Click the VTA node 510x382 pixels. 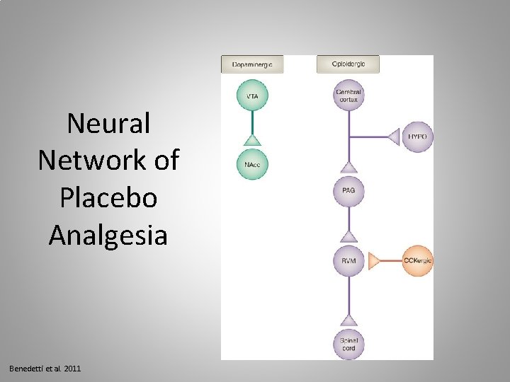point(251,96)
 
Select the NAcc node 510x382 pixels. point(251,164)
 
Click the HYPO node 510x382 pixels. point(417,136)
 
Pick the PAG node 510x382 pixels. point(348,191)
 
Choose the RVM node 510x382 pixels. point(348,261)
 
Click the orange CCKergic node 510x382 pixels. point(417,261)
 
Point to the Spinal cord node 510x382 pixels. point(348,345)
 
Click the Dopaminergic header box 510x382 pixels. point(252,64)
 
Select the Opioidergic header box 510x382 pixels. point(348,64)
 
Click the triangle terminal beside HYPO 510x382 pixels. point(395,136)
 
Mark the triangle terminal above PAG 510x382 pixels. point(348,167)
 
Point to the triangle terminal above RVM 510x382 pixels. point(348,236)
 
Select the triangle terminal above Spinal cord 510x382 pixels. point(348,320)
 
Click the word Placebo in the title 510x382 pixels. point(108,199)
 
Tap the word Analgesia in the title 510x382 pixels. point(108,236)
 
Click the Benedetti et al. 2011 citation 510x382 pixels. point(45,369)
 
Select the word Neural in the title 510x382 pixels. point(108,124)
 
